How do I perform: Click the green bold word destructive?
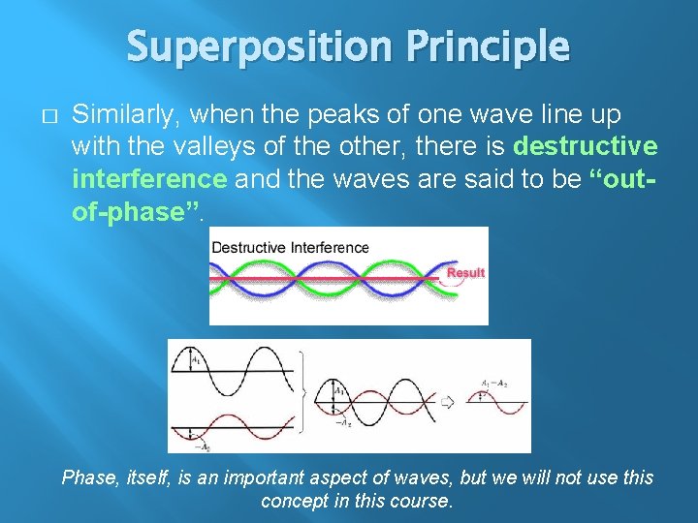(x=585, y=146)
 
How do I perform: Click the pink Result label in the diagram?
(x=465, y=273)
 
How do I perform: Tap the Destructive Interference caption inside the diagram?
(x=290, y=247)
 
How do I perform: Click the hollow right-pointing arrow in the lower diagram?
(x=448, y=400)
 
